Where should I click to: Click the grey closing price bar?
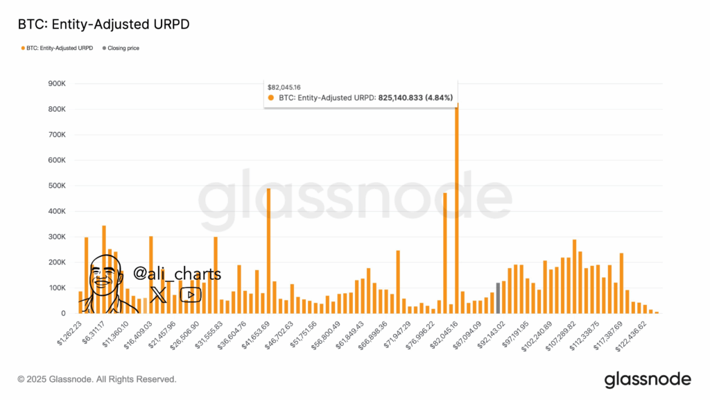(498, 298)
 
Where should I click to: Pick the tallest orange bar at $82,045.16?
(457, 208)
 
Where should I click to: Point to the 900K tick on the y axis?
(55, 83)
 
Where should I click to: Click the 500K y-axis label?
(55, 185)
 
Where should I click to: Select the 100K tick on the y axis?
(55, 287)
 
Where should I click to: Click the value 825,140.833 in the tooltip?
(405, 98)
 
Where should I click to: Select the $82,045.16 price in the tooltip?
(284, 87)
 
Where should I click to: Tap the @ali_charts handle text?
(177, 274)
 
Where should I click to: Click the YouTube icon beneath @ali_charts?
(191, 295)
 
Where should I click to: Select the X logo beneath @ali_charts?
(158, 295)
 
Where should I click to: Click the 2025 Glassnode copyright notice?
(97, 379)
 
